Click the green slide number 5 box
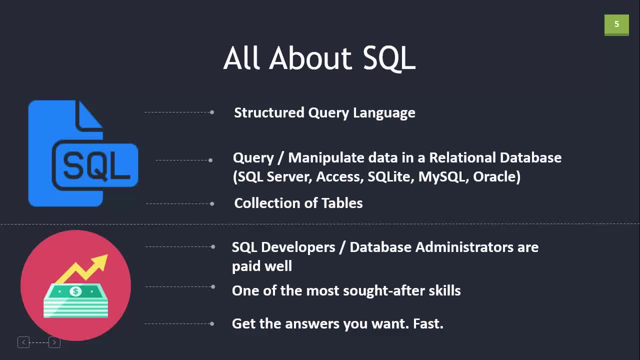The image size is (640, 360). (x=616, y=25)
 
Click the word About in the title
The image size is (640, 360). (x=311, y=58)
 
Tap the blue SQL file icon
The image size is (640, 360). (x=83, y=153)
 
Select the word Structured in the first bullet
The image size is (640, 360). (x=269, y=112)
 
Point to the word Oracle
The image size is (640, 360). (x=496, y=176)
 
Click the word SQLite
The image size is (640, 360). (x=391, y=177)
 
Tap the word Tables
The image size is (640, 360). (x=342, y=203)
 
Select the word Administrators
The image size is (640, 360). (x=464, y=247)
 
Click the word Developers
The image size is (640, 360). (x=298, y=247)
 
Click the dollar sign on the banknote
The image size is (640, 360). (x=75, y=291)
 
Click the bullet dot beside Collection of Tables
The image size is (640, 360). (x=212, y=203)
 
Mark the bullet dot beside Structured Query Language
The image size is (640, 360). (x=212, y=112)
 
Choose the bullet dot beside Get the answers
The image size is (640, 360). (x=212, y=323)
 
